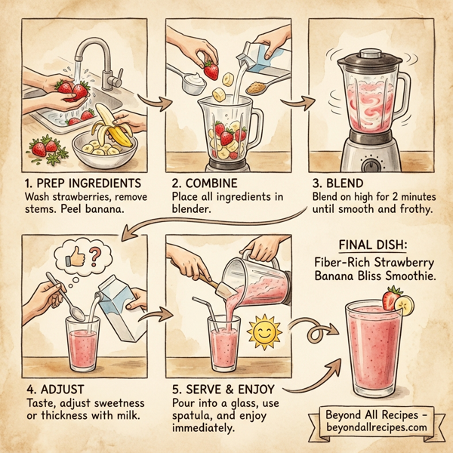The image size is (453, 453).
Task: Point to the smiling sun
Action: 263,331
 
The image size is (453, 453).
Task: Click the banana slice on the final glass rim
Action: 407,306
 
